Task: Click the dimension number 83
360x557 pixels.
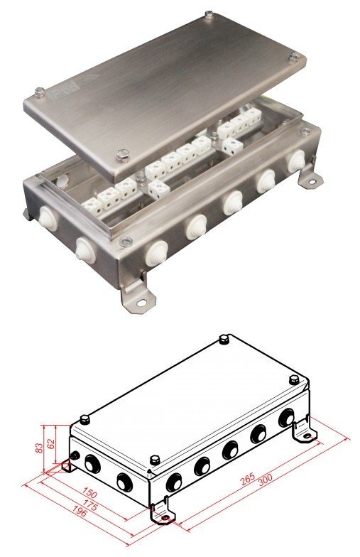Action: (40, 446)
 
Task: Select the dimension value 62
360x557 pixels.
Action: (51, 443)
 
